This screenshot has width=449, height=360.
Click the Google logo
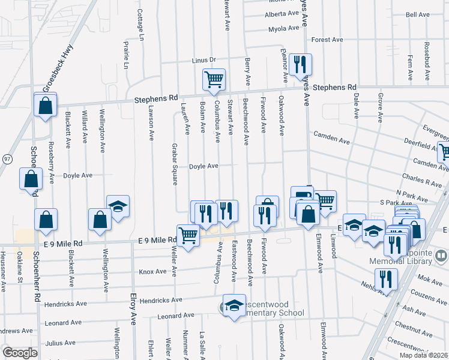click(x=20, y=353)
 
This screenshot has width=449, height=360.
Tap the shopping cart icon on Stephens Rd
click(x=214, y=80)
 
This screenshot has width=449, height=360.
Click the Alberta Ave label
click(x=282, y=13)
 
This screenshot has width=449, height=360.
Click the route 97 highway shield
click(x=7, y=158)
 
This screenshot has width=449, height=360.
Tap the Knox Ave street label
click(x=152, y=271)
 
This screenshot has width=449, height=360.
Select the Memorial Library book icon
click(x=441, y=257)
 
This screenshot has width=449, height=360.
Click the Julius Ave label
click(x=60, y=343)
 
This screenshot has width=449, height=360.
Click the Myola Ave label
click(x=283, y=28)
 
